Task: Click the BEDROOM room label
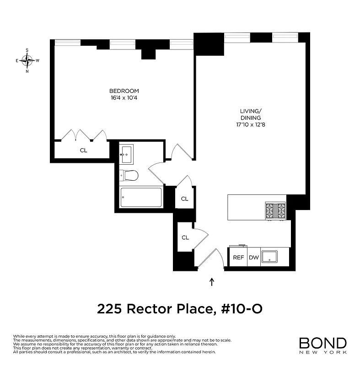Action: point(124,91)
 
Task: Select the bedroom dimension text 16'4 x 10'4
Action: point(124,97)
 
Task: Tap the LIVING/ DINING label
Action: point(251,114)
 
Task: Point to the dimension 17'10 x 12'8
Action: point(251,124)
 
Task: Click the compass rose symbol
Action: point(27,60)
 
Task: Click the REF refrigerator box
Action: point(238,258)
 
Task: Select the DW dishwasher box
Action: point(253,258)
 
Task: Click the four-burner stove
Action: point(275,211)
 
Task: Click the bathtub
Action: point(141,198)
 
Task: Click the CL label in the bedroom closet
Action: point(84,150)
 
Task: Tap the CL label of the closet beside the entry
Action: point(185,237)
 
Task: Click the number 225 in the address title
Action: point(109,309)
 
